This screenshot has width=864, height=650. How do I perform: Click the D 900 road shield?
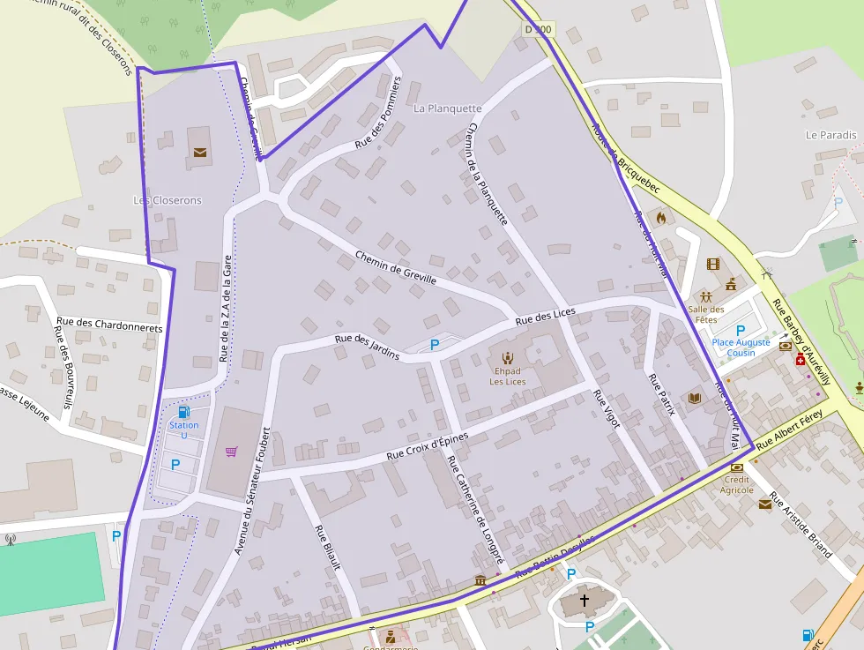click(x=538, y=30)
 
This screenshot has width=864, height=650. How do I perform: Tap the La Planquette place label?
click(x=448, y=108)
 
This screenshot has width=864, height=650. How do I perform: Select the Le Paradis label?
click(x=830, y=135)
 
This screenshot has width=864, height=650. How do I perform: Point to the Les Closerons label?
click(x=167, y=200)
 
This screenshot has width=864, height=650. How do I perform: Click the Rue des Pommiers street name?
click(x=378, y=111)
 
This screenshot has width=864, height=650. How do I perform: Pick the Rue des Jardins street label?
click(x=367, y=347)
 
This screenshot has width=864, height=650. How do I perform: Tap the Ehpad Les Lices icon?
click(x=507, y=357)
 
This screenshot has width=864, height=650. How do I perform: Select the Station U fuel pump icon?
click(x=183, y=412)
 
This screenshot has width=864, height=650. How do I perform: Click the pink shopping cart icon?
click(x=231, y=452)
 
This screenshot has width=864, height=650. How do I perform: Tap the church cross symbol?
click(x=584, y=601)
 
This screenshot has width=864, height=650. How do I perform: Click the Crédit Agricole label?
click(x=737, y=484)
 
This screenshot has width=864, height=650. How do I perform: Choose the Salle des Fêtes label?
click(x=706, y=314)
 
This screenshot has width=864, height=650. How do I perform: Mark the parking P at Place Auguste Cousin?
click(x=741, y=330)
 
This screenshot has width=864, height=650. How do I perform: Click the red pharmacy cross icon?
click(x=801, y=360)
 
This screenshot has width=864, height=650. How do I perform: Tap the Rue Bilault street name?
click(x=327, y=547)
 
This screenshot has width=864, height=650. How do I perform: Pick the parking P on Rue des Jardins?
click(x=435, y=345)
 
